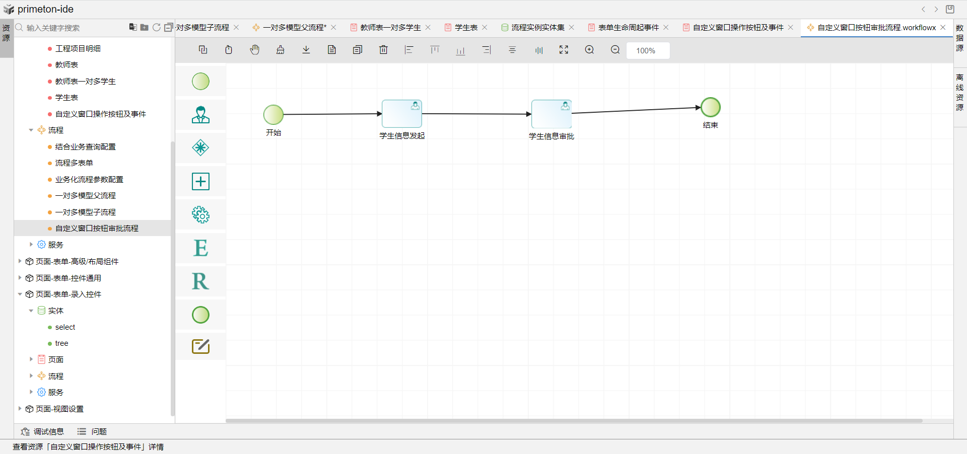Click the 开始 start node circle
point(273,115)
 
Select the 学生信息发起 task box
point(401,114)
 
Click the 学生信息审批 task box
point(551,114)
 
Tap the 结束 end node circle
point(711,107)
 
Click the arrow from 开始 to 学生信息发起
point(332,114)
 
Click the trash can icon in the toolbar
point(383,50)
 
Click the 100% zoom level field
point(648,50)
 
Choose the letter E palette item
point(200,248)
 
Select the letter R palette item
point(200,281)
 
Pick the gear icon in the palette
point(200,215)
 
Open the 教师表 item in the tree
point(66,65)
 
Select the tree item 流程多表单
point(74,163)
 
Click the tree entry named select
point(65,327)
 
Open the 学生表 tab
point(466,28)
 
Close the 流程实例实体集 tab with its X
point(572,28)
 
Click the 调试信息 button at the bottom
point(42,431)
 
